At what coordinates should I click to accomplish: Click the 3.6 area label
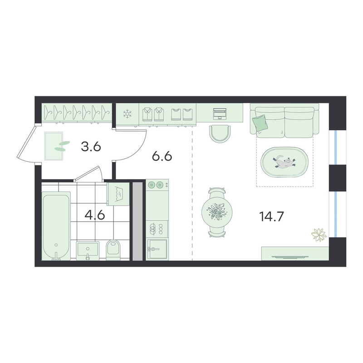(91, 147)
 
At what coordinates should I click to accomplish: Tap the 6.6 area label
(162, 157)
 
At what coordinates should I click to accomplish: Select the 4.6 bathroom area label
(95, 215)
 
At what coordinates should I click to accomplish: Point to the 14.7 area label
(271, 216)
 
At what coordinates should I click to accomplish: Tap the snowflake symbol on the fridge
(127, 114)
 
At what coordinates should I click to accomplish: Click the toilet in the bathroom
(113, 249)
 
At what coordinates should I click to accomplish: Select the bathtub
(56, 226)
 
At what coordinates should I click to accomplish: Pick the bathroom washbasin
(88, 250)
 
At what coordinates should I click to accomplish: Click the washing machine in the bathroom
(118, 194)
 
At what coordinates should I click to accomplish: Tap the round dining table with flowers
(217, 212)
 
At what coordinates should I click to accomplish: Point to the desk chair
(220, 134)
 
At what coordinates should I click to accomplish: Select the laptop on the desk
(220, 113)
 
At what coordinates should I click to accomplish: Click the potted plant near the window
(319, 235)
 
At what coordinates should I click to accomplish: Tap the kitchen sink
(157, 249)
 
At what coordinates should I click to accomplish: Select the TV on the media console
(290, 257)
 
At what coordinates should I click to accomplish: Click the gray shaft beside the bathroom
(137, 221)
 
